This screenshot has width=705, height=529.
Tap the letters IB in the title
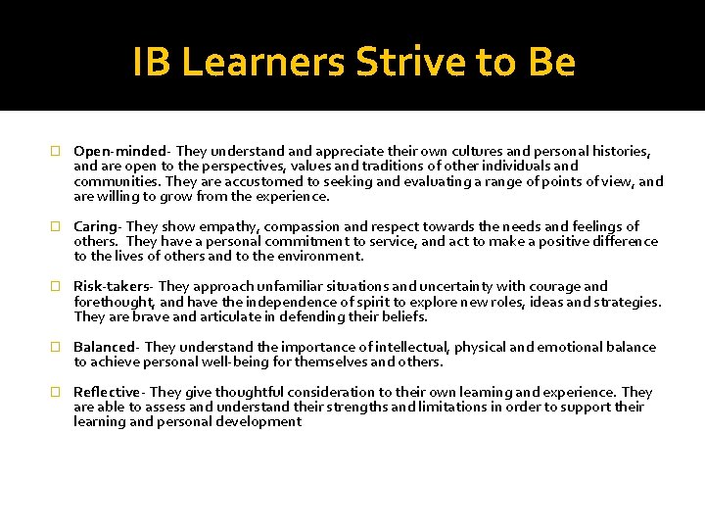click(152, 63)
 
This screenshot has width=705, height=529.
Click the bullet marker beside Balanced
click(56, 348)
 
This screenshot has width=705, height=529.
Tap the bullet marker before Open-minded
click(56, 152)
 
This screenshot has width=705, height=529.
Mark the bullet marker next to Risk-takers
click(56, 287)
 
